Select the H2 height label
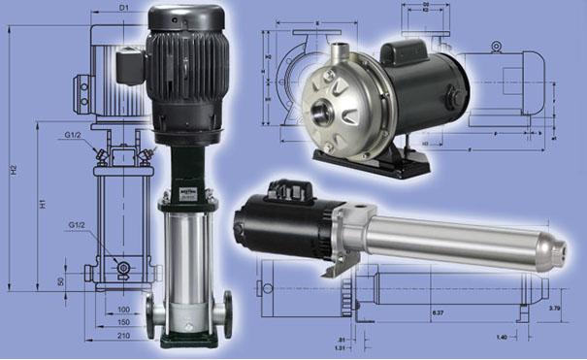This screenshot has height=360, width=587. [x=14, y=170]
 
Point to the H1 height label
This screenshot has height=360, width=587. [x=43, y=207]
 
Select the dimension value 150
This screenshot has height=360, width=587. [x=122, y=321]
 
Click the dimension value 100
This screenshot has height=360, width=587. [x=122, y=309]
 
